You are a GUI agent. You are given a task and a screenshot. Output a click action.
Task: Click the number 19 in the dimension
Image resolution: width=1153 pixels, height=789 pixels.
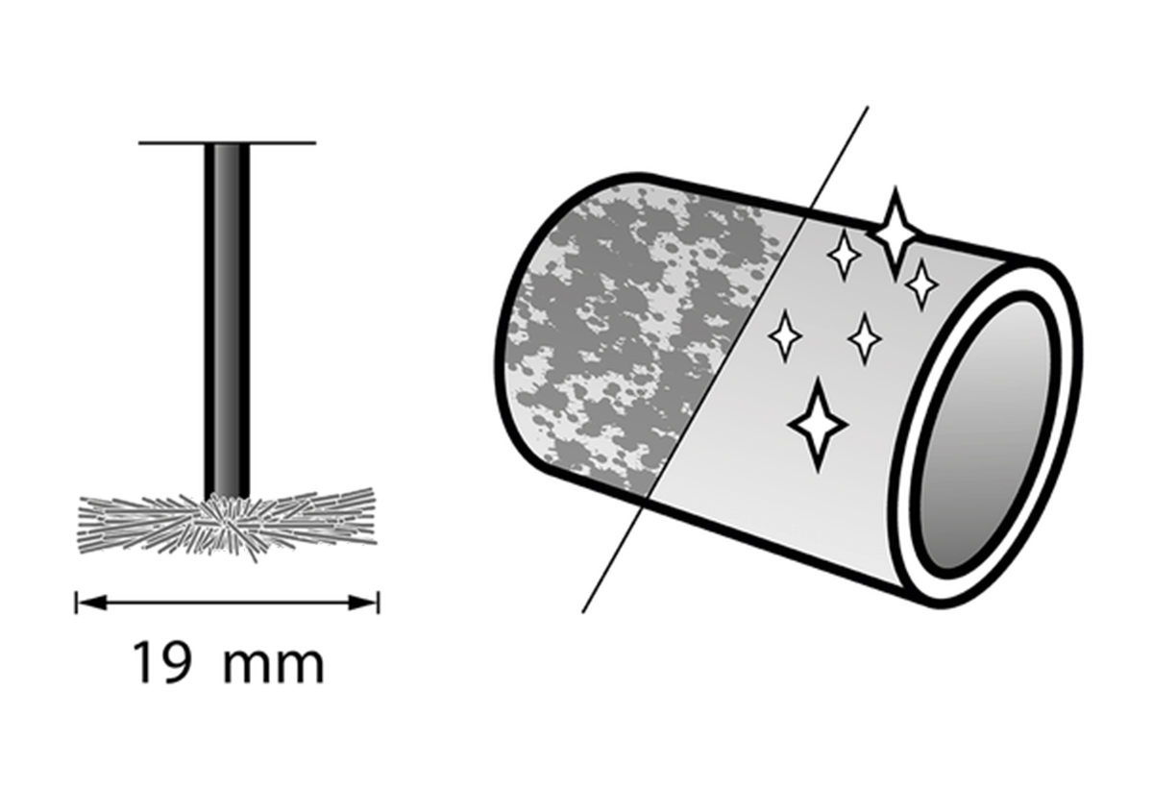[x=161, y=663]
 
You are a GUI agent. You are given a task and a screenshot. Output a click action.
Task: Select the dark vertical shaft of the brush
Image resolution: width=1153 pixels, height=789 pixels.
[x=227, y=317]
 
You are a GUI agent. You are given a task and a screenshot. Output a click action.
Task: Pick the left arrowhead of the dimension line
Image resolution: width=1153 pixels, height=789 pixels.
[x=88, y=603]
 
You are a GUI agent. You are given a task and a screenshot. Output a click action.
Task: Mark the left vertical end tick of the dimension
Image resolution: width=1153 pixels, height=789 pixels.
[x=75, y=603]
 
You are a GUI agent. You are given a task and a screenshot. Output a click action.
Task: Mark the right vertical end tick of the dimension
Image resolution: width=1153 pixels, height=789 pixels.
[x=379, y=603]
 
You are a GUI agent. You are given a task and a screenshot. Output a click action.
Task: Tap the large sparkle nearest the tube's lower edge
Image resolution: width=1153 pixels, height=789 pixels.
[x=817, y=423]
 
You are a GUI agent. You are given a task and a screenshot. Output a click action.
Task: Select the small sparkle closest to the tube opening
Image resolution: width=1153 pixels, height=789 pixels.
[x=922, y=284]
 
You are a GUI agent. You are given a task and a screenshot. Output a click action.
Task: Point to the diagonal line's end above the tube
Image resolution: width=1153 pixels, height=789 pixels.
[x=867, y=109]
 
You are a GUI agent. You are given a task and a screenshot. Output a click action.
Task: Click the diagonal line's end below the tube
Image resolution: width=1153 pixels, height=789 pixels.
[x=584, y=611]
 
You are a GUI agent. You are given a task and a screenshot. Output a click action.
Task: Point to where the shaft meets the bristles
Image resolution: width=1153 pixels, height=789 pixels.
[x=227, y=497]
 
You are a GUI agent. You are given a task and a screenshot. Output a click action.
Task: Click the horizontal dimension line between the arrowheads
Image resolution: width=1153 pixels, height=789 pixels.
[x=227, y=603]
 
